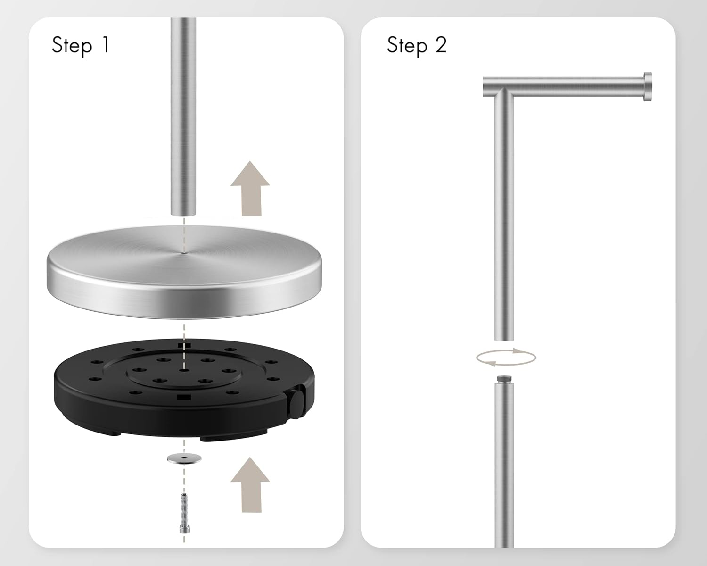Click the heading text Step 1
coord(81,46)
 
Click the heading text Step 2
coord(417,46)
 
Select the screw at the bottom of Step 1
coord(184,514)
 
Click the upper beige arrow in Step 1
coord(250,189)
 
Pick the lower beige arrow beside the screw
coord(250,485)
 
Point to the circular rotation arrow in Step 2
coord(506,358)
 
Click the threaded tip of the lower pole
coord(504,379)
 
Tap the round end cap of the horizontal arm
coord(648,86)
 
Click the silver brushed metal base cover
coord(184,272)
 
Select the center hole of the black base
coord(184,370)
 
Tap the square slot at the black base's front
coord(184,397)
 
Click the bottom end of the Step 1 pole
coord(183,214)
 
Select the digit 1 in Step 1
coord(106,45)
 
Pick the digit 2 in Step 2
coord(441,45)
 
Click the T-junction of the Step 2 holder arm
coord(504,91)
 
